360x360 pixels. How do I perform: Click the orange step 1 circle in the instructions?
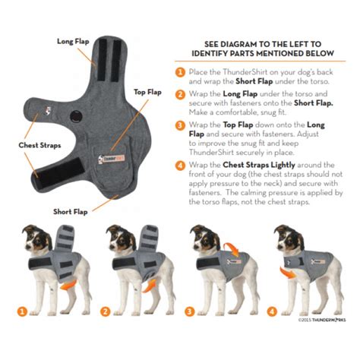click(x=180, y=72)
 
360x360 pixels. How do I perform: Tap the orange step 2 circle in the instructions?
click(x=180, y=95)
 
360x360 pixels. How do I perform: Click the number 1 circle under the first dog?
click(x=24, y=311)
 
